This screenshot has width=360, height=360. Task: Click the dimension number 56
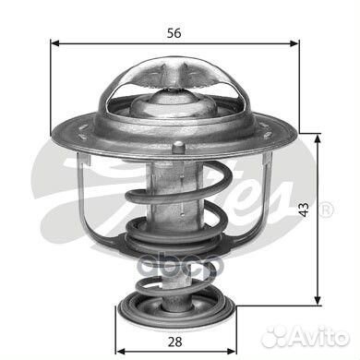(x=174, y=33)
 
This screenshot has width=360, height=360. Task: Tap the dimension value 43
(x=304, y=210)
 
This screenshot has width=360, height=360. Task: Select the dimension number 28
(x=175, y=342)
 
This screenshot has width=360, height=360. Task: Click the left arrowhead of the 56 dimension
(x=54, y=43)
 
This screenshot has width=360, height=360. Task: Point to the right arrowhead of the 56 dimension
(x=294, y=43)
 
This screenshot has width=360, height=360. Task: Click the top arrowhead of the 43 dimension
(x=318, y=138)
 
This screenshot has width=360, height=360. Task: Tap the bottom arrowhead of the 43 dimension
(x=318, y=301)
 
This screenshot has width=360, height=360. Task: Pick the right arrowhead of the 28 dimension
(x=232, y=352)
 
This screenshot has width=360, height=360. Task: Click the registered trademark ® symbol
(x=327, y=210)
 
